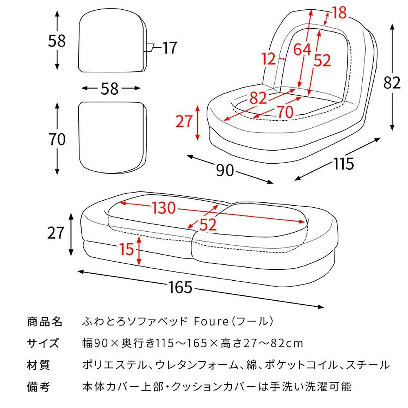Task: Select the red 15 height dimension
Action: [x=127, y=248]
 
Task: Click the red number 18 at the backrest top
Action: [x=339, y=13]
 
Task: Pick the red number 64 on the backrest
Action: [x=303, y=49]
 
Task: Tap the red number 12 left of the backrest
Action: [x=269, y=60]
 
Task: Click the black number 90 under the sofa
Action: [x=225, y=170]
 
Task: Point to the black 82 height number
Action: [x=392, y=82]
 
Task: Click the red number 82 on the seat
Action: [x=258, y=98]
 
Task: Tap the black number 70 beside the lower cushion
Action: [x=57, y=140]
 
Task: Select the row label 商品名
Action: [x=44, y=322]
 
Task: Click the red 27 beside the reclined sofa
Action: [x=184, y=122]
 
